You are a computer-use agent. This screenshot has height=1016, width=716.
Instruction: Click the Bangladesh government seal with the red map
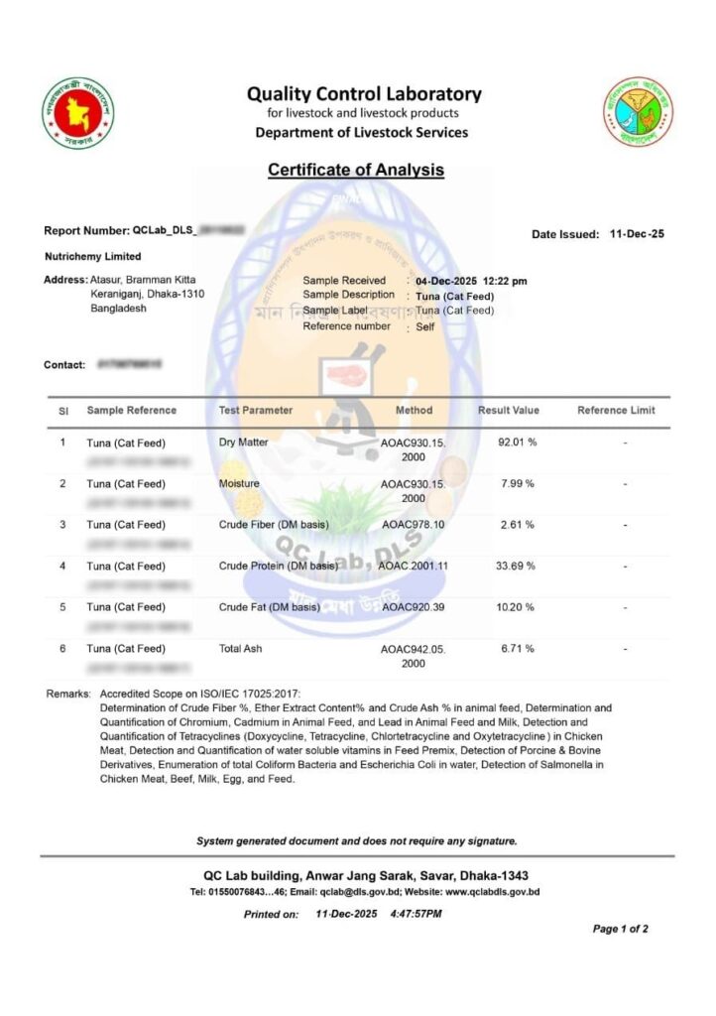[78, 112]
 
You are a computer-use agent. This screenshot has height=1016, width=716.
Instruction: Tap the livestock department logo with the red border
[638, 112]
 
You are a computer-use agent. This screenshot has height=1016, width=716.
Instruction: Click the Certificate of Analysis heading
[356, 170]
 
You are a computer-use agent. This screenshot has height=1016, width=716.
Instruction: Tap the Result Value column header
[508, 410]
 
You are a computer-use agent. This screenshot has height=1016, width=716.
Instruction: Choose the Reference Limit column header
[616, 410]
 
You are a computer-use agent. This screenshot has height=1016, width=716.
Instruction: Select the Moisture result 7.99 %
[516, 483]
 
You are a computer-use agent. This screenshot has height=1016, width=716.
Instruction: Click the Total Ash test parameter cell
[241, 648]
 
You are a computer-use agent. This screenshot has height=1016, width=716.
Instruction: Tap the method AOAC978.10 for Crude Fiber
[414, 525]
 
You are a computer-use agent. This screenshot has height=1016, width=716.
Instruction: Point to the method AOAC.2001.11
[414, 566]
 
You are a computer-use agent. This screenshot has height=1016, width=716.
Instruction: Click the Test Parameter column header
[256, 410]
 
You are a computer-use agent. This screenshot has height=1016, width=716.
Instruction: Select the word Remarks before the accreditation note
[68, 694]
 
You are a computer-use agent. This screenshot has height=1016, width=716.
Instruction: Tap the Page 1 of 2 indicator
[620, 930]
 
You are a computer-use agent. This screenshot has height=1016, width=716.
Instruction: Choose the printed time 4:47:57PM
[417, 913]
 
